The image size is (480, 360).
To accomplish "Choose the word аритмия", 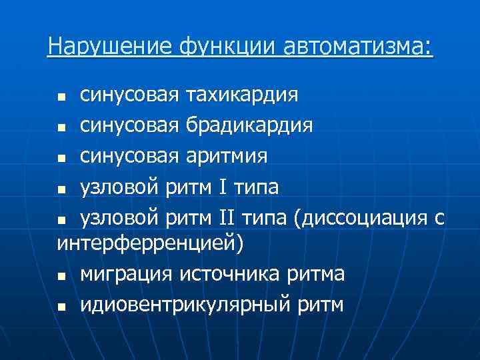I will pos(227,157).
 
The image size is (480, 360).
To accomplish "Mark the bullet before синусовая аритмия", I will pos(62,159).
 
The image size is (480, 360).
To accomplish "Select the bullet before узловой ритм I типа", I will pos(62,189).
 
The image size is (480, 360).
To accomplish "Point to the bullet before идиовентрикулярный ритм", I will pos(62,307).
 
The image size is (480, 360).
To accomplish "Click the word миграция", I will pos(123,274).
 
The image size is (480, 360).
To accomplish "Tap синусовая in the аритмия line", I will pos(129,157).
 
